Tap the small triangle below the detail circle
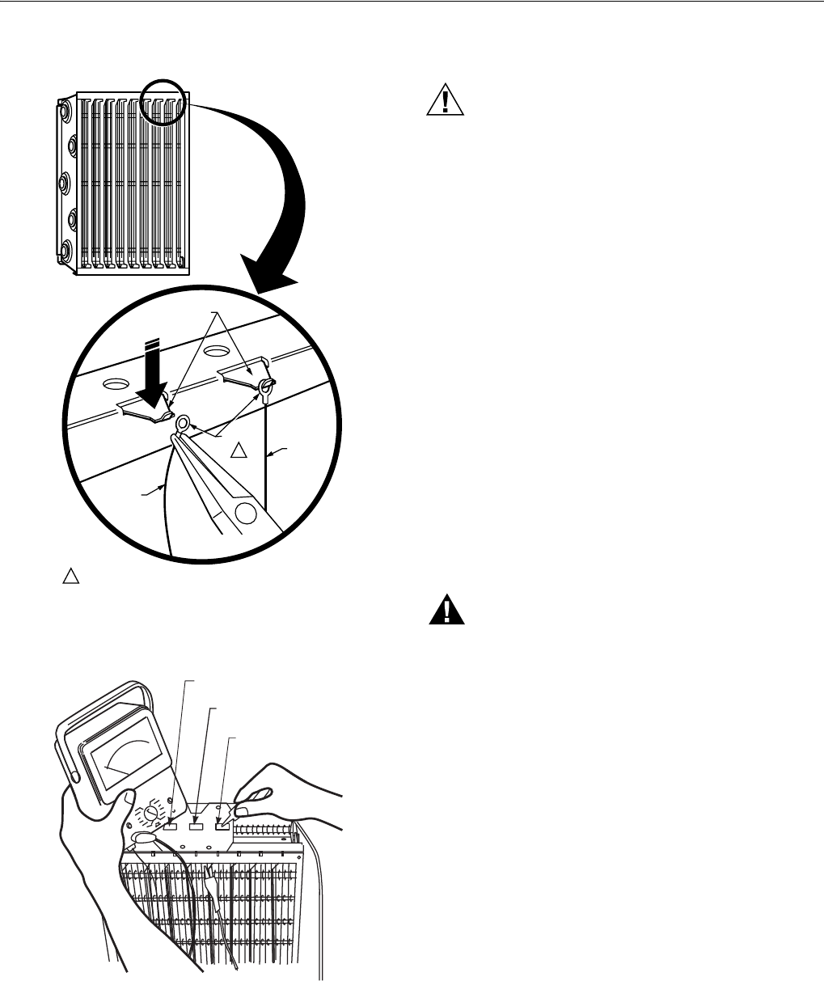point(70,576)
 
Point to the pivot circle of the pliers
point(244,513)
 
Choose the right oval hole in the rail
point(215,353)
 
